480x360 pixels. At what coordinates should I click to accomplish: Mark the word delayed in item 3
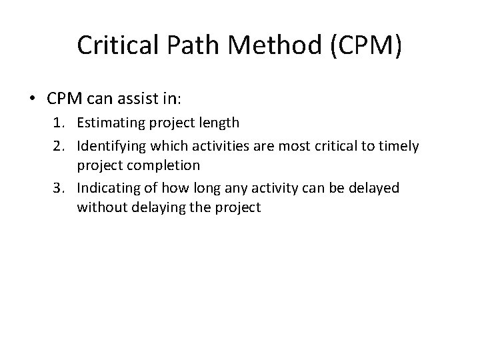[x=375, y=187]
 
